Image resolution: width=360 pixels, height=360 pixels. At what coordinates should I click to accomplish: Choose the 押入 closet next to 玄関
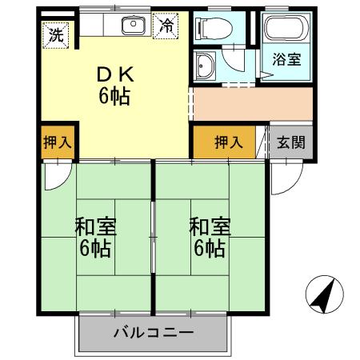coord(228,142)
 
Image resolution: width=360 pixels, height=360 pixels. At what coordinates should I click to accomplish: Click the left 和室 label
coord(96,225)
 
